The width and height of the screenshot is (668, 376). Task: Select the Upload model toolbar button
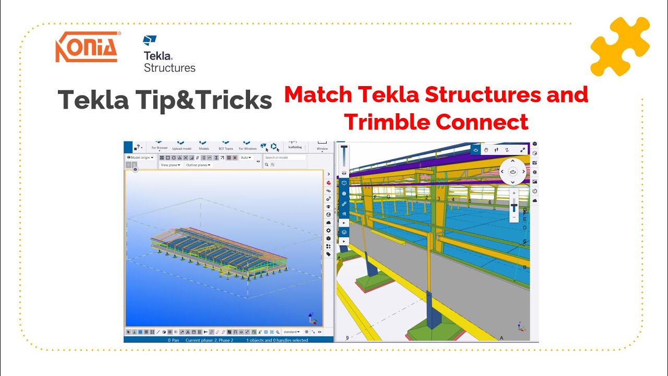[182, 148]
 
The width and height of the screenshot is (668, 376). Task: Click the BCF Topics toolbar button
[226, 148]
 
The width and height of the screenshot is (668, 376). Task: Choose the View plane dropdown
[170, 165]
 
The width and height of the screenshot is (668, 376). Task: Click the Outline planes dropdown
[198, 165]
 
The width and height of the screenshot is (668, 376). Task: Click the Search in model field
[284, 158]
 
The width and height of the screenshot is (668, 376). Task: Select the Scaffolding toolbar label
[295, 147]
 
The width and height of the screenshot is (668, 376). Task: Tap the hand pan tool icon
[485, 150]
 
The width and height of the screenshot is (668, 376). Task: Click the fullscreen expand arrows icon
[522, 150]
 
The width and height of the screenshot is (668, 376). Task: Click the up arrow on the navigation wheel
[512, 161]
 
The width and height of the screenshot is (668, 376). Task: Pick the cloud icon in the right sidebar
[534, 201]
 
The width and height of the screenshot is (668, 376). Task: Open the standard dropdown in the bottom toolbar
[292, 332]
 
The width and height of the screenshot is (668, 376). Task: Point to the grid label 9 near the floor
[347, 338]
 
